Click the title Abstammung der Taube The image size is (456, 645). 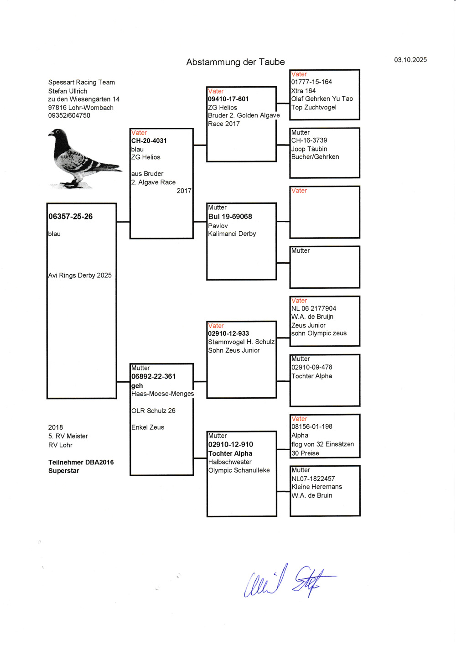[235, 62]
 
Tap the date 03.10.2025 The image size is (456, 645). [410, 60]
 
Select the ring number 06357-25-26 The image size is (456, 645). [71, 216]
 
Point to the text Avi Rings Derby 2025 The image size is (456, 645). [80, 275]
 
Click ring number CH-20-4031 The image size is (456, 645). [149, 140]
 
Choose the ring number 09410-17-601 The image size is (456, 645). [228, 99]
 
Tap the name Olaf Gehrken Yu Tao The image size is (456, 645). [322, 99]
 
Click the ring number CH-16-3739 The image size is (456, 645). [309, 140]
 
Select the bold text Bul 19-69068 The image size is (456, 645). [230, 216]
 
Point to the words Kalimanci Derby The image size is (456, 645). [232, 234]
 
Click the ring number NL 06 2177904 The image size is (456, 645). [314, 308]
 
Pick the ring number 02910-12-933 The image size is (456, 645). [228, 333]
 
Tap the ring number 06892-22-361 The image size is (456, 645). [154, 376]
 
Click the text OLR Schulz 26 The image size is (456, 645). [153, 411]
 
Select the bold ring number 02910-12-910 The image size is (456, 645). [231, 444]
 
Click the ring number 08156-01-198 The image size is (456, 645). [312, 427]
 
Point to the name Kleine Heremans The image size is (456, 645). [317, 487]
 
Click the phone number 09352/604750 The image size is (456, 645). [69, 115]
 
